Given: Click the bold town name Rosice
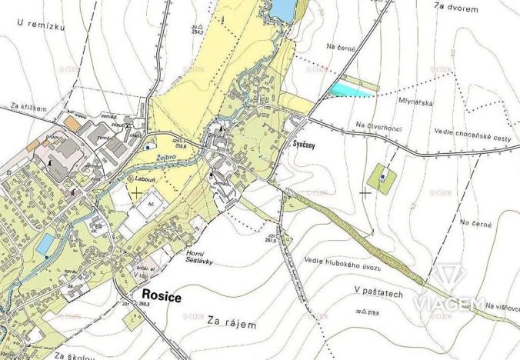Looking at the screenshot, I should pos(160,294).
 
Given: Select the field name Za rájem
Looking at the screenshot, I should pos(232,325).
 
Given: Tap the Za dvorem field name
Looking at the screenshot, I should pos(456,8).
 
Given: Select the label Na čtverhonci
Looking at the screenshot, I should pos(379,125).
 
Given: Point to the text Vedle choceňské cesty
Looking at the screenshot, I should pos(472,135).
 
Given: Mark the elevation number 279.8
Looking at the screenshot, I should pos(375,312).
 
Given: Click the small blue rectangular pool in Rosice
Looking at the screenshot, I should pos(46,244).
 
